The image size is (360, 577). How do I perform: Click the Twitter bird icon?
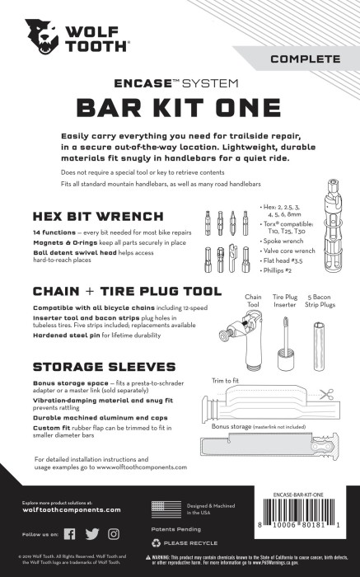pos(91,533)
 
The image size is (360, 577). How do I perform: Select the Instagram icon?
pos(114,533)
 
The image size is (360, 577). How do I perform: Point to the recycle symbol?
pos(156,543)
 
